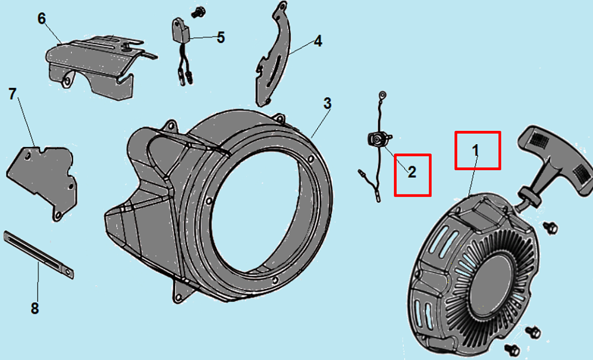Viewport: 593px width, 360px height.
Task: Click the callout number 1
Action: point(476,150)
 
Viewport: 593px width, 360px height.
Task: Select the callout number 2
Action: point(412,172)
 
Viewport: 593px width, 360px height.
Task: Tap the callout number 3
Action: point(327,104)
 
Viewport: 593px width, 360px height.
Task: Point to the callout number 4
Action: point(318,41)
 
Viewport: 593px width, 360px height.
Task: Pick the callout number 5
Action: point(221,38)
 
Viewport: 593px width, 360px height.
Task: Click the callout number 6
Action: point(42,19)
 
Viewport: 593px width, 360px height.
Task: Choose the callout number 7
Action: point(13,94)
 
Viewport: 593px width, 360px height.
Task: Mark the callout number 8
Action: point(35,308)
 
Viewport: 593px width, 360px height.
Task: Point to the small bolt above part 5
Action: point(197,13)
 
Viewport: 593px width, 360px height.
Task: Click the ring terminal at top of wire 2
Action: point(382,94)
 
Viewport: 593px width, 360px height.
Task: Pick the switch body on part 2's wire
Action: point(378,138)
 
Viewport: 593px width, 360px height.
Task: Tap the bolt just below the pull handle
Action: point(550,227)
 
